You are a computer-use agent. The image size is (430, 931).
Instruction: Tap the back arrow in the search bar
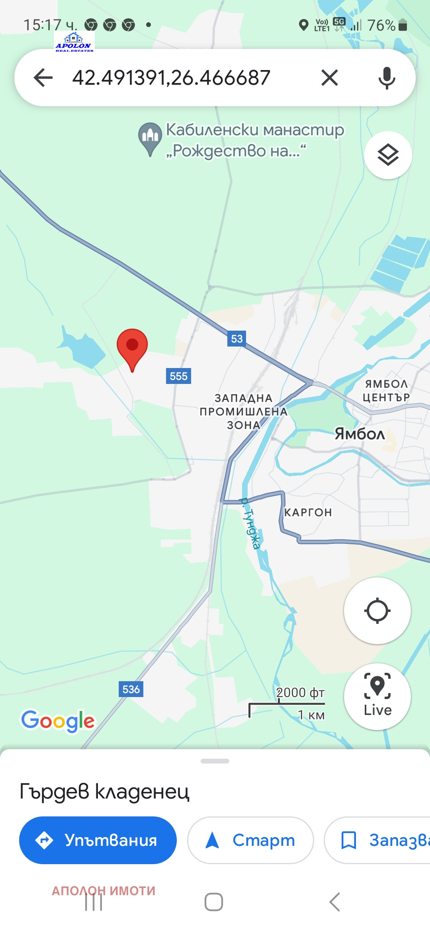point(43,77)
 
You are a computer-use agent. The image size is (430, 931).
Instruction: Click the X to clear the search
point(330,77)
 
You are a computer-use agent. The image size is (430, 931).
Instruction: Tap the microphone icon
point(387,77)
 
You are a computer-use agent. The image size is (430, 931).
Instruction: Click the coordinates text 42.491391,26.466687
point(171,77)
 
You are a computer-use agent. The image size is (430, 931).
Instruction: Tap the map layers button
point(388,155)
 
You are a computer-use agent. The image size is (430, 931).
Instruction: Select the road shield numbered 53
point(236,339)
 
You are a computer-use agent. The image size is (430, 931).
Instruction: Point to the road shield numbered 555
point(178,376)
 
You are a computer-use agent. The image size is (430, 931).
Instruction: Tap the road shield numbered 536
point(131,689)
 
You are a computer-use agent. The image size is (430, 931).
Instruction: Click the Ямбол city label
point(360,434)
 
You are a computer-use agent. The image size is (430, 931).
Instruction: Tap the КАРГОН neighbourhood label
point(308,512)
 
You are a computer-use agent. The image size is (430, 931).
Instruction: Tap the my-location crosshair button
point(377,611)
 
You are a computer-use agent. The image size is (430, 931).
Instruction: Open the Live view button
point(377,696)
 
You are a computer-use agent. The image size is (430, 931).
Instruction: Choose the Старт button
point(250,840)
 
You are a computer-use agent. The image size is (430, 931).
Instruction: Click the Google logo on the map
point(58,721)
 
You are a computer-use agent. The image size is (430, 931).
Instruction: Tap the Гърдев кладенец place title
point(104,791)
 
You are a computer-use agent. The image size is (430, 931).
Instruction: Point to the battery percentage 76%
point(381,25)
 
